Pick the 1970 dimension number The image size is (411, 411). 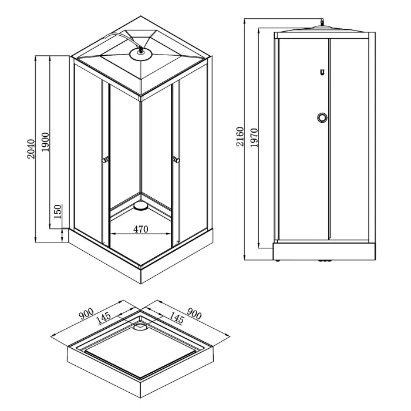pos(254,139)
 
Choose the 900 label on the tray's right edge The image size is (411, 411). pos(193,315)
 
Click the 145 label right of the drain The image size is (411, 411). pos(176,319)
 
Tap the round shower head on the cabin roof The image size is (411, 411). pos(140,53)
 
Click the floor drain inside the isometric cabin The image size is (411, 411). pos(140,206)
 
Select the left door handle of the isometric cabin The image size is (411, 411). pos(106,159)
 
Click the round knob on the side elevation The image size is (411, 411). pos(321,118)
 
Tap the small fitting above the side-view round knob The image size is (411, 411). pos(322,73)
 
